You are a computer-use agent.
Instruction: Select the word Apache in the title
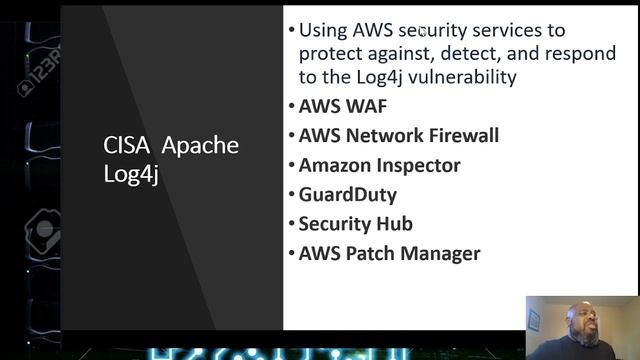pyautogui.click(x=200, y=146)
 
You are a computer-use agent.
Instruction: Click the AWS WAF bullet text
pyautogui.click(x=343, y=106)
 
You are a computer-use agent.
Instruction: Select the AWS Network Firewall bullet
pyautogui.click(x=398, y=136)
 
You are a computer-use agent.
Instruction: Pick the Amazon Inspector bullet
pyautogui.click(x=379, y=165)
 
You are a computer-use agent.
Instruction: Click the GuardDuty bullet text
pyautogui.click(x=347, y=195)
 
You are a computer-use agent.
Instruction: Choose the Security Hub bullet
pyautogui.click(x=355, y=224)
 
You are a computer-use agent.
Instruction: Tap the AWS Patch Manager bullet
pyautogui.click(x=389, y=254)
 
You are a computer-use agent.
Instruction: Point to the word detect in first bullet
pyautogui.click(x=491, y=53)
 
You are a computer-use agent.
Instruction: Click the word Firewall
pyautogui.click(x=458, y=136)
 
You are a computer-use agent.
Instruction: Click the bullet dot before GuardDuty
pyautogui.click(x=291, y=195)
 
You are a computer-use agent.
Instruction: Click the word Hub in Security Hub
pyautogui.click(x=396, y=224)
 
